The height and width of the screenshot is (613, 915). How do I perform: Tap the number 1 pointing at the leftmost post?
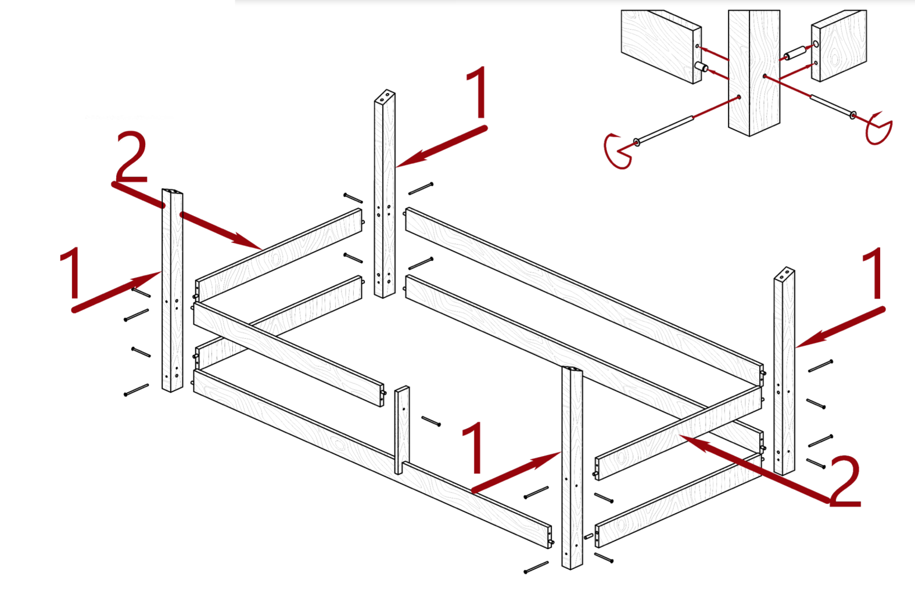pyautogui.click(x=70, y=273)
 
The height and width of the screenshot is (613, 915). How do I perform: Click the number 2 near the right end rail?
pyautogui.click(x=845, y=482)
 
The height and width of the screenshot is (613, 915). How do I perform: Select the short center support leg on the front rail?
pyautogui.click(x=402, y=430)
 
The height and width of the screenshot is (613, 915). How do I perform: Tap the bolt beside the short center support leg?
pyautogui.click(x=431, y=421)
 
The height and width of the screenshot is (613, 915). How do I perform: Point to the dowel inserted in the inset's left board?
pyautogui.click(x=702, y=67)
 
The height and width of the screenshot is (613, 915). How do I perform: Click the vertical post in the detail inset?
pyautogui.click(x=754, y=73)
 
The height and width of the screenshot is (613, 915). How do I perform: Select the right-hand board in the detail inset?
pyautogui.click(x=839, y=45)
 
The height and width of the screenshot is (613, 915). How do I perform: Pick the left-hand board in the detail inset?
pyautogui.click(x=661, y=46)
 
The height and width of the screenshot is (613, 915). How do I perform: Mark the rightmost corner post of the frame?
pyautogui.click(x=784, y=371)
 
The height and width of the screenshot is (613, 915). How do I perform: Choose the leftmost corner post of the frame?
pyautogui.click(x=172, y=290)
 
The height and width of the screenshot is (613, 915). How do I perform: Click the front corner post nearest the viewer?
pyautogui.click(x=572, y=468)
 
